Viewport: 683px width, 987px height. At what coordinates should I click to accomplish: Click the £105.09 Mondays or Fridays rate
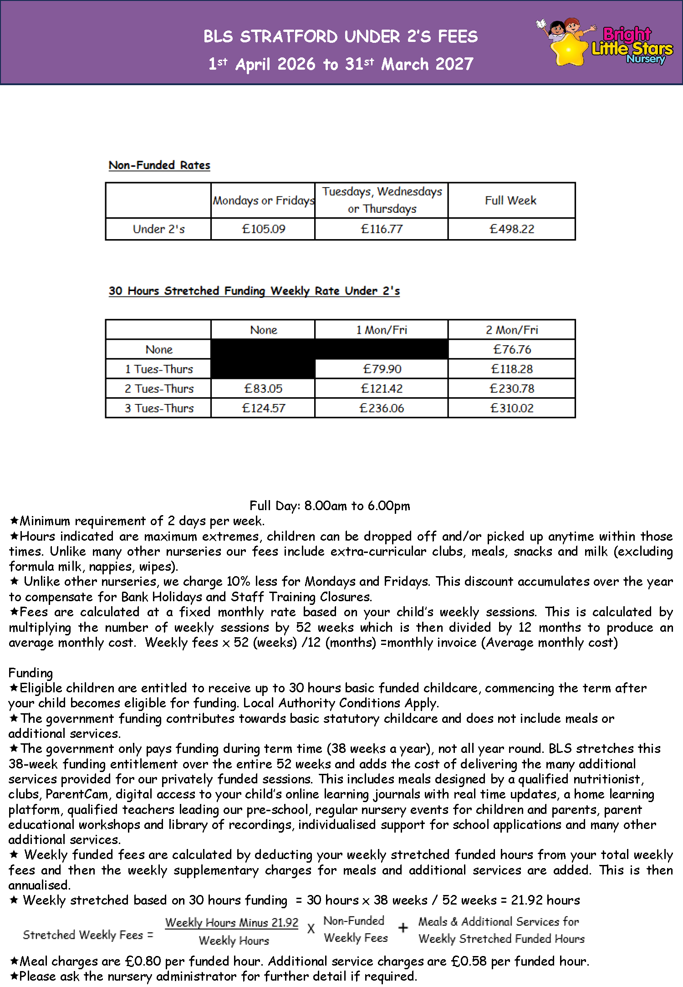click(x=263, y=229)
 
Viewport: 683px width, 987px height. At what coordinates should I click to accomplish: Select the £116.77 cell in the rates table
click(x=382, y=229)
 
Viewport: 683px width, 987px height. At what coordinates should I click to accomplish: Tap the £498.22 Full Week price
click(x=511, y=229)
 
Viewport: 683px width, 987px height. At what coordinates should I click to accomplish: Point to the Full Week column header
click(x=510, y=200)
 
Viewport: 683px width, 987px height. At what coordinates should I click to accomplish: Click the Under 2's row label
click(x=158, y=229)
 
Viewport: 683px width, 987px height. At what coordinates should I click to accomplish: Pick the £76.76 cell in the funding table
click(x=512, y=349)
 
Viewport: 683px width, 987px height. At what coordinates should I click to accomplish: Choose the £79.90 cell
click(x=382, y=369)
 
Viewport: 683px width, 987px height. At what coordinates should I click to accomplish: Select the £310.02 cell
click(x=511, y=408)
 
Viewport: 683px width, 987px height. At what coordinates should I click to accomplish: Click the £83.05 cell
click(x=263, y=389)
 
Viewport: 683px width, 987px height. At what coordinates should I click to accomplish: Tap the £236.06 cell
click(x=382, y=408)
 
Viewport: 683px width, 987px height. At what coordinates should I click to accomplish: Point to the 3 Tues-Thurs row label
click(x=159, y=408)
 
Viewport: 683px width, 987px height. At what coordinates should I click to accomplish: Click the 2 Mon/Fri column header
click(x=511, y=330)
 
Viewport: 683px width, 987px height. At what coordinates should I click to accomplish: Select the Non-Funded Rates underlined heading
click(x=159, y=165)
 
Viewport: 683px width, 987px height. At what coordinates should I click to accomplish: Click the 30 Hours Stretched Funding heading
click(x=254, y=291)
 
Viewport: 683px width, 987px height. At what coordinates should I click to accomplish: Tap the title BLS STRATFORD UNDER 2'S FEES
click(x=341, y=36)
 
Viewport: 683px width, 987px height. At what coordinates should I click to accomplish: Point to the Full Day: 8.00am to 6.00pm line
click(x=330, y=506)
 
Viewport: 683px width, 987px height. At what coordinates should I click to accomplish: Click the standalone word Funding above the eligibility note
click(x=31, y=673)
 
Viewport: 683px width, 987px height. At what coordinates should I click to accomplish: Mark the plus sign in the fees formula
click(x=403, y=928)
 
